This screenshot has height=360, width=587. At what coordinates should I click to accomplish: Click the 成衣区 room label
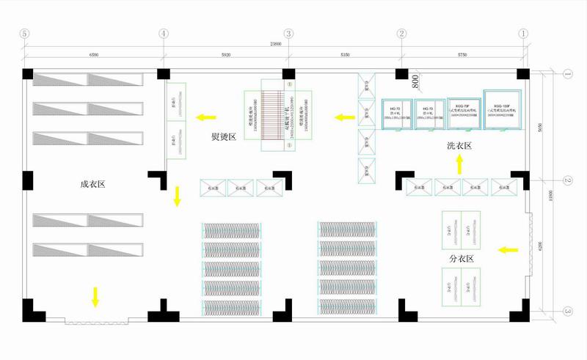click(93, 185)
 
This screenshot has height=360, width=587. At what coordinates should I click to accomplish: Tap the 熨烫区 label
click(223, 137)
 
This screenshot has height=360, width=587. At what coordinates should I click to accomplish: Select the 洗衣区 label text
click(459, 146)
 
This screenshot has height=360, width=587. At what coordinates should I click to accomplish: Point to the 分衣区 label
click(462, 260)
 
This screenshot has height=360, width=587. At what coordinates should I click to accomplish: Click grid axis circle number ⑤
click(25, 34)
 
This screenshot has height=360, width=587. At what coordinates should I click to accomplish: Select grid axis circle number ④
click(163, 34)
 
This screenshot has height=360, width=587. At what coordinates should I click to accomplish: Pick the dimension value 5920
click(225, 54)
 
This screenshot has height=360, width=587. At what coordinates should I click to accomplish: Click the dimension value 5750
click(462, 54)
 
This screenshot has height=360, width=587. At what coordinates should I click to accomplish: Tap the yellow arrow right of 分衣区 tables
click(506, 251)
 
